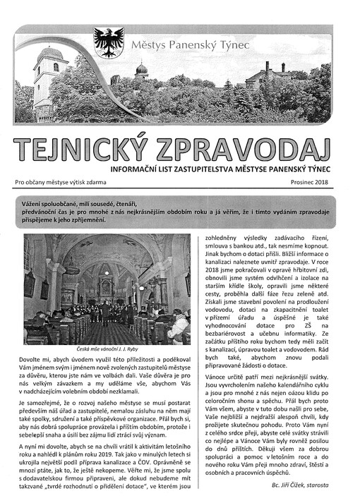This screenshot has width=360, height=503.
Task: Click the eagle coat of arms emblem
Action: pyautogui.click(x=109, y=42)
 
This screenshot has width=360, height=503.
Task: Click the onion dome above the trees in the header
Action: pyautogui.click(x=141, y=70)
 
